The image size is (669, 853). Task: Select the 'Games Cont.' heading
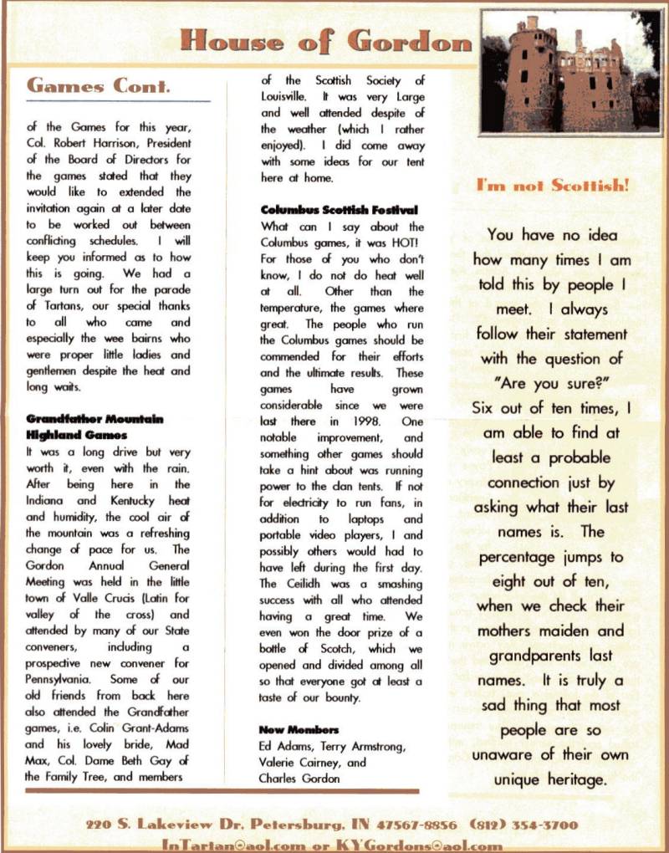pyautogui.click(x=100, y=85)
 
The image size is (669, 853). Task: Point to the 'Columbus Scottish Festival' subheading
pyautogui.click(x=340, y=209)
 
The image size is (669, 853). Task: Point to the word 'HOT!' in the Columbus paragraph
pyautogui.click(x=406, y=242)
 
